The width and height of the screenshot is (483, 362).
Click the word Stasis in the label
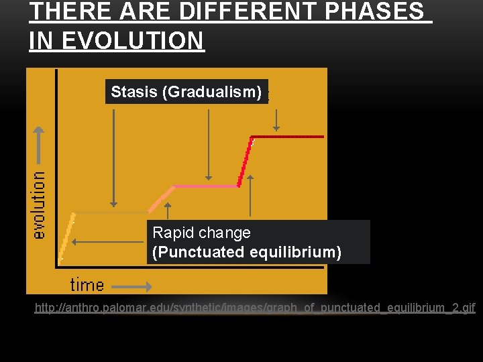point(134,92)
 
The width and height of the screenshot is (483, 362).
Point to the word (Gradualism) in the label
point(212,92)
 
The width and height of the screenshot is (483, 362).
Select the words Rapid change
point(201,233)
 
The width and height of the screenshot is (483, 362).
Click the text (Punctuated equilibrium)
point(247,252)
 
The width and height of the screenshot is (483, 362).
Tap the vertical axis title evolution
point(40,204)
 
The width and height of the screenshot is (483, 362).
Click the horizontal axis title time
point(87,284)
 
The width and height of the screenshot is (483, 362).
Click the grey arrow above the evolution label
point(39,144)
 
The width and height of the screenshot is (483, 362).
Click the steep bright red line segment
point(245,161)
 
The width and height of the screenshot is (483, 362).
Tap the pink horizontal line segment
point(205,185)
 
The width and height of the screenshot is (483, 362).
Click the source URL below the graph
point(255,308)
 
